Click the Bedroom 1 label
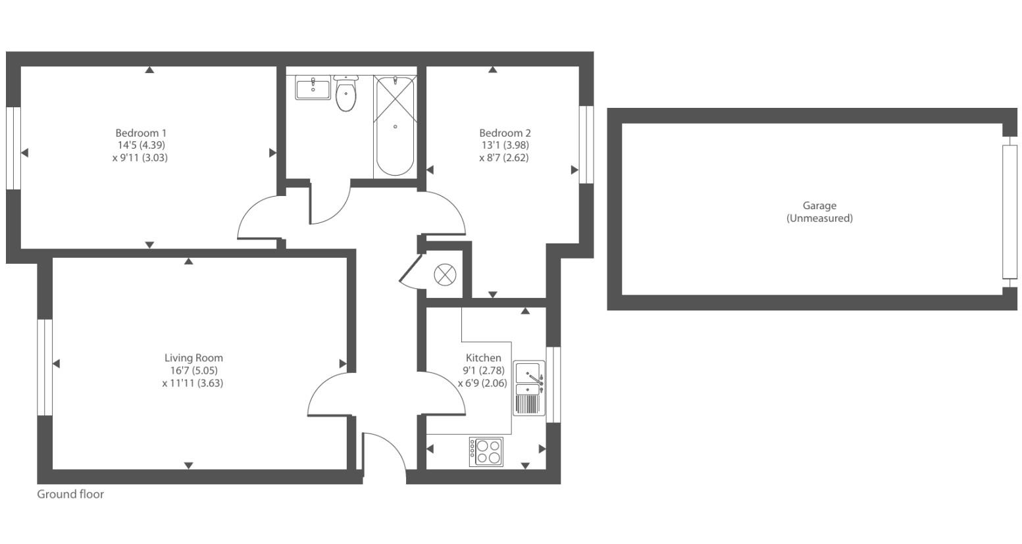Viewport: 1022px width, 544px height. click(141, 133)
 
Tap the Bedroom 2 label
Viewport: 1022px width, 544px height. click(505, 133)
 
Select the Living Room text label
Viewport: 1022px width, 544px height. click(193, 358)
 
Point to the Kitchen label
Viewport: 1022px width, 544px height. click(483, 358)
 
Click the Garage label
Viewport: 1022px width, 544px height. click(819, 206)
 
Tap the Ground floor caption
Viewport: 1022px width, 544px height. click(70, 494)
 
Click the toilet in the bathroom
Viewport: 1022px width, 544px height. click(345, 94)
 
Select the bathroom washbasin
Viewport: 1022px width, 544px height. click(313, 88)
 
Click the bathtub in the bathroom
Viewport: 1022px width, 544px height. click(395, 126)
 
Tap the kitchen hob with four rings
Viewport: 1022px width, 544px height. click(486, 452)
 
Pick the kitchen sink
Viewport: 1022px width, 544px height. click(529, 388)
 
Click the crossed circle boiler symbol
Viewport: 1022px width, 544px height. click(445, 274)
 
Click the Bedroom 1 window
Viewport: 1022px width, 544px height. click(13, 148)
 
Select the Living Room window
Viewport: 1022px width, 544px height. click(44, 367)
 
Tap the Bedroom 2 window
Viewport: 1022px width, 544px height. click(586, 144)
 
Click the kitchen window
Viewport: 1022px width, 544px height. click(553, 384)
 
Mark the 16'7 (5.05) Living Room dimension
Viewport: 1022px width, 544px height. click(193, 370)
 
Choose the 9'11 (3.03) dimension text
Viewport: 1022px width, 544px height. click(140, 158)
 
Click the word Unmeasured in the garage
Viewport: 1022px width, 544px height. click(819, 218)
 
